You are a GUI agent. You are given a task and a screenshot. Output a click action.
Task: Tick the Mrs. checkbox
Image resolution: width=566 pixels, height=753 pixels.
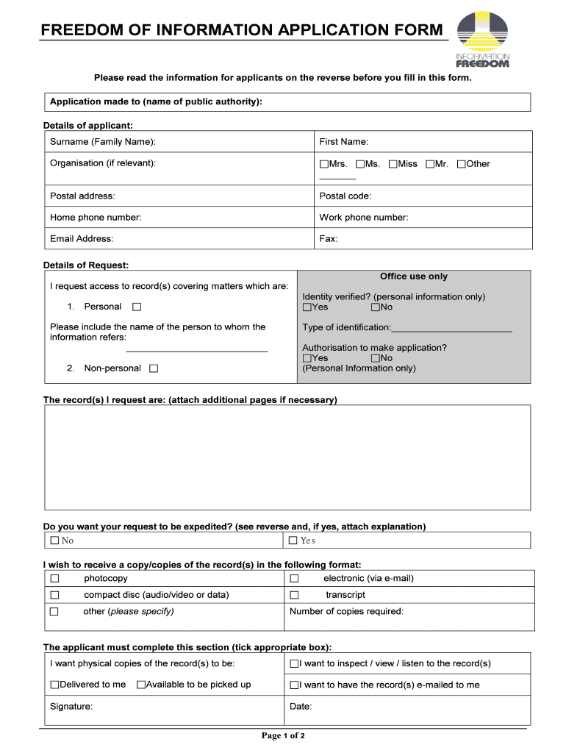324,164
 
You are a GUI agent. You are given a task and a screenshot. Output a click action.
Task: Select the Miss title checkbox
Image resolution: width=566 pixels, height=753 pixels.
393,164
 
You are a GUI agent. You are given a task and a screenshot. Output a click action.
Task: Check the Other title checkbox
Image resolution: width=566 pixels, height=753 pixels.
462,164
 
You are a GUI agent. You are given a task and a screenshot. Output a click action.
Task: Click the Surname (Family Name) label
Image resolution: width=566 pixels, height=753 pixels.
103,141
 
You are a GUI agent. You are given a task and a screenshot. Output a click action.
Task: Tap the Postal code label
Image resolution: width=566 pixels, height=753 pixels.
345,196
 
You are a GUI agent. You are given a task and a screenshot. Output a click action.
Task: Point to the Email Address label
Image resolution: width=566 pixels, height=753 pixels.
82,238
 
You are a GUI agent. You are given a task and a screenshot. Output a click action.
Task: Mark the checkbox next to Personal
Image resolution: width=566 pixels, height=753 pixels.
137,307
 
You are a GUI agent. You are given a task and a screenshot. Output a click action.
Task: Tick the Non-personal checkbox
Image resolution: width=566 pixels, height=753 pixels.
154,368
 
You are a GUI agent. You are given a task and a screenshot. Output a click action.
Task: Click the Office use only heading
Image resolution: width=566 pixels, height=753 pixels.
413,276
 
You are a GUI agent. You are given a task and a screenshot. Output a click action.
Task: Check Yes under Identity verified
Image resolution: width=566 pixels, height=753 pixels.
307,307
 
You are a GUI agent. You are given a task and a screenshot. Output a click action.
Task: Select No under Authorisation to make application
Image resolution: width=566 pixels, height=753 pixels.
376,358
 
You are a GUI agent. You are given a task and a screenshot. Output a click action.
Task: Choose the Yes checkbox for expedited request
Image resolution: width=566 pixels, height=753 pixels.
293,540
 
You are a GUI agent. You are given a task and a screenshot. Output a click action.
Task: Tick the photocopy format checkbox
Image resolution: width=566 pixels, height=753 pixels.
54,578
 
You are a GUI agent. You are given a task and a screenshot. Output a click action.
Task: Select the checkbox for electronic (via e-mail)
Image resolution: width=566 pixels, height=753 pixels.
294,578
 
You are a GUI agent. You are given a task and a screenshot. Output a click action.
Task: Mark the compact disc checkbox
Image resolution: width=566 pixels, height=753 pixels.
54,595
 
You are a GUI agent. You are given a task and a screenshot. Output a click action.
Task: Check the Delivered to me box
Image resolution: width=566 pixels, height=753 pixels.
54,685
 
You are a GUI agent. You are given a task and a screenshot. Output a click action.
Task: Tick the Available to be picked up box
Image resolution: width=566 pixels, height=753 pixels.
141,685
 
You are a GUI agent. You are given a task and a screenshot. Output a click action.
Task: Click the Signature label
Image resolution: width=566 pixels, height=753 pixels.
71,706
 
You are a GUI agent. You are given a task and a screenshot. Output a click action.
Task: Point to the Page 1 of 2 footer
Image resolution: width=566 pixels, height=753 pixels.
283,735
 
